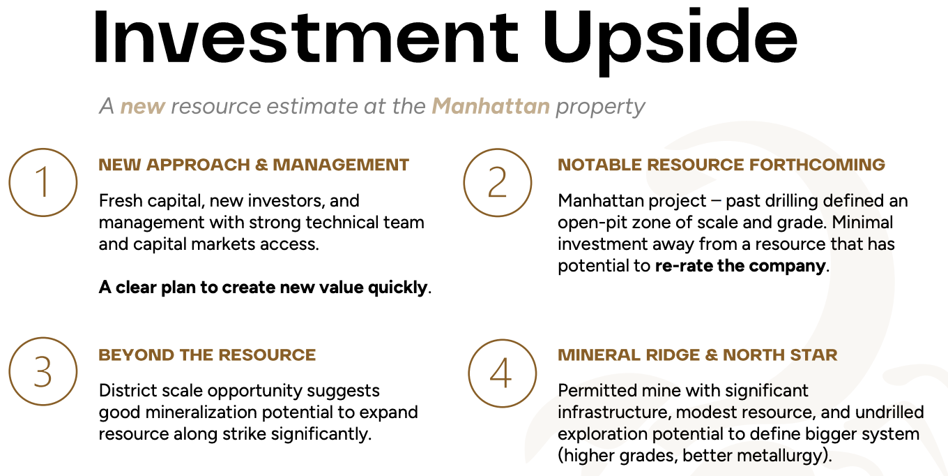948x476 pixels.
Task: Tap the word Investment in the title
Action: coord(305,37)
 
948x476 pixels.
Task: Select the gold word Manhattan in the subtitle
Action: coord(491,105)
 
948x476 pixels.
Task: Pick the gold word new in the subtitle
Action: coord(143,107)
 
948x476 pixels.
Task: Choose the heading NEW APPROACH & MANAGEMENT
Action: coord(254,165)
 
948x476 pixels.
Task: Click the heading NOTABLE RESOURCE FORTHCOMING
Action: coord(721,165)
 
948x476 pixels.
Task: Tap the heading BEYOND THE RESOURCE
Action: coord(208,355)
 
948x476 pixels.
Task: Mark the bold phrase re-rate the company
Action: coord(740,266)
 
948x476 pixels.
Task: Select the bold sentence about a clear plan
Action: coord(265,288)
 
